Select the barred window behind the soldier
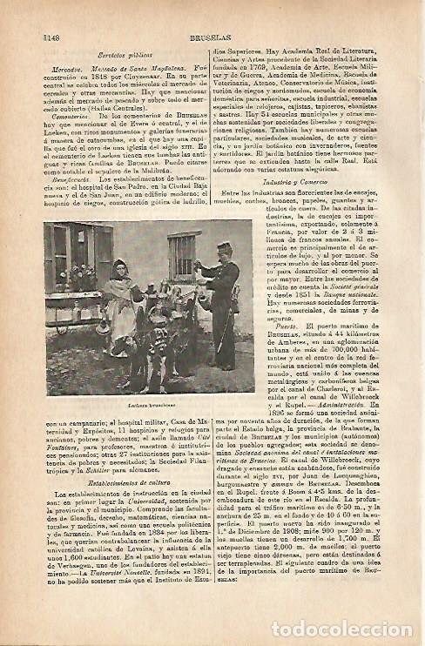click(181, 256)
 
